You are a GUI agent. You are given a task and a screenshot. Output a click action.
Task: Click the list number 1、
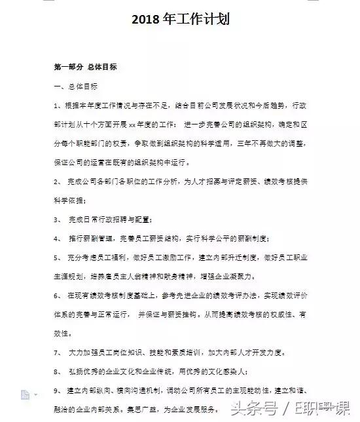(58, 105)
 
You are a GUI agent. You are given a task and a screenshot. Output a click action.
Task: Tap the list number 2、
(58, 180)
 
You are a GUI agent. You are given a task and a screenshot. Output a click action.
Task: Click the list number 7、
(58, 353)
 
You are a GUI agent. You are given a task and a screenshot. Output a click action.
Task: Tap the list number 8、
(58, 372)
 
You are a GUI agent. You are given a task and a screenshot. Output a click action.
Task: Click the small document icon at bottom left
(25, 394)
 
